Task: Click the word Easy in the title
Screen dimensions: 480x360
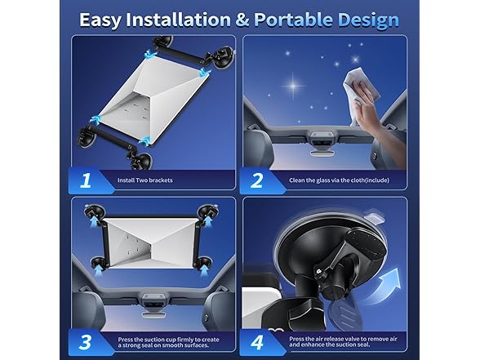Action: click(x=100, y=20)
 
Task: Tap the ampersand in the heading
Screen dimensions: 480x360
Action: click(x=242, y=20)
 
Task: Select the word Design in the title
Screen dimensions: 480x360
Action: click(x=369, y=21)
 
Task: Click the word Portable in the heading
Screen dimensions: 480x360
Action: click(x=293, y=20)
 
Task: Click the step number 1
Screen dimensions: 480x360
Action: click(x=85, y=180)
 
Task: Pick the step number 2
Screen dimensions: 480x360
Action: click(x=256, y=180)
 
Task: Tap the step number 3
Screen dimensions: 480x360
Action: click(x=85, y=342)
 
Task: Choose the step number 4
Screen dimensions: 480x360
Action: click(x=257, y=342)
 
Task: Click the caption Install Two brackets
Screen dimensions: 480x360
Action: click(x=145, y=180)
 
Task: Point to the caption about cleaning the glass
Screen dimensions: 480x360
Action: click(x=340, y=180)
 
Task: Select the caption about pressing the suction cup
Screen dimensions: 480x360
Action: click(x=168, y=342)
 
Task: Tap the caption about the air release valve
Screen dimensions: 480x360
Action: click(x=343, y=341)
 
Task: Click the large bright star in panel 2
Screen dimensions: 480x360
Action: click(x=293, y=86)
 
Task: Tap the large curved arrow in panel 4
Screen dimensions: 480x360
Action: click(x=384, y=287)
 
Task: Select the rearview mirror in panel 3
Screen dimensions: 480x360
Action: click(x=152, y=316)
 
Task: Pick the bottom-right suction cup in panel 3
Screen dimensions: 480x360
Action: click(x=204, y=263)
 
